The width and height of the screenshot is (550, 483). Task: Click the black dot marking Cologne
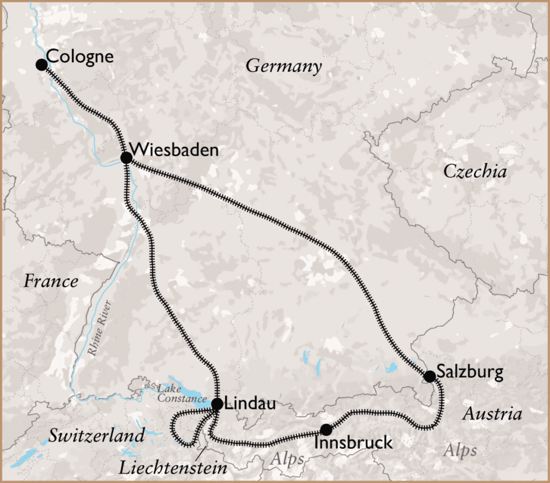tap(41, 65)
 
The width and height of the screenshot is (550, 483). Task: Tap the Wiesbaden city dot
tap(126, 157)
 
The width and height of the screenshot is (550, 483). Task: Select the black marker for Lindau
tap(217, 404)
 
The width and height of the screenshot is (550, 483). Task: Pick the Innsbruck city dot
tap(326, 429)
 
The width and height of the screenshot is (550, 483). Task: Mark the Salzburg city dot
tap(430, 376)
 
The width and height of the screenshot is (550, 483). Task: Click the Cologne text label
tap(80, 56)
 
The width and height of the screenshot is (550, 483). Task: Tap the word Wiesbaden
tap(174, 149)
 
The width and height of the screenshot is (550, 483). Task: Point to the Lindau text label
tap(250, 404)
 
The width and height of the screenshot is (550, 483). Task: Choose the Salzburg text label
tap(470, 372)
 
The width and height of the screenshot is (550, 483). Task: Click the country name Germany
tap(284, 67)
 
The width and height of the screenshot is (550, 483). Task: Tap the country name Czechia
tap(475, 171)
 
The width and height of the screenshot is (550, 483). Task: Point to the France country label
tap(51, 281)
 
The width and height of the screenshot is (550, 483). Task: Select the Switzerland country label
tap(97, 435)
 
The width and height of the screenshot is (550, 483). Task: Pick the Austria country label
tap(492, 414)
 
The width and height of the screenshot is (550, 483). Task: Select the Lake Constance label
tap(180, 393)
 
